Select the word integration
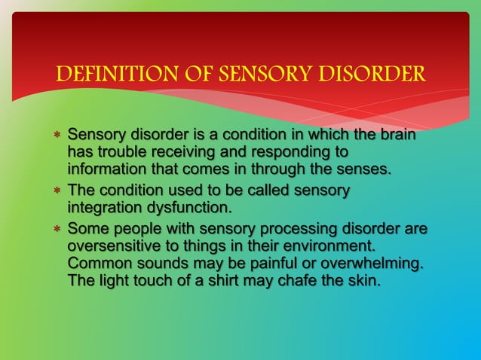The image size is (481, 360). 104,206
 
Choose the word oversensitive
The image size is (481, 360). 112,246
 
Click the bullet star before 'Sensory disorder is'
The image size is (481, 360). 57,137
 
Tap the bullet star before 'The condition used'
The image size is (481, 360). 57,191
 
